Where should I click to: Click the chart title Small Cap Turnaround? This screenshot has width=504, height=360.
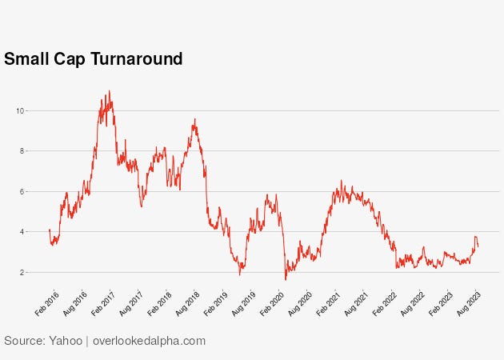[x=94, y=59]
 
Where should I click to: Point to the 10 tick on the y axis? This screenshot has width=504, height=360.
[x=21, y=110]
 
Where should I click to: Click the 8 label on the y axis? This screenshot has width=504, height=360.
[x=22, y=150]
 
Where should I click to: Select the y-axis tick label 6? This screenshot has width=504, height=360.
[x=22, y=191]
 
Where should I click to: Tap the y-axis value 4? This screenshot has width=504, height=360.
[x=22, y=232]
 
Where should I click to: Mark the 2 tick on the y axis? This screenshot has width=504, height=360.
[x=22, y=273]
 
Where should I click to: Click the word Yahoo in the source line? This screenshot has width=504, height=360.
[x=63, y=341]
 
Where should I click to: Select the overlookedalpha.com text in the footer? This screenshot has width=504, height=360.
[x=149, y=341]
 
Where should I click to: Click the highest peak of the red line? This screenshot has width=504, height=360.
[x=110, y=91]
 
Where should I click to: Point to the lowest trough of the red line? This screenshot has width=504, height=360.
[x=286, y=279]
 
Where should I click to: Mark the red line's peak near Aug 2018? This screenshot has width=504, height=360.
[x=194, y=119]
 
